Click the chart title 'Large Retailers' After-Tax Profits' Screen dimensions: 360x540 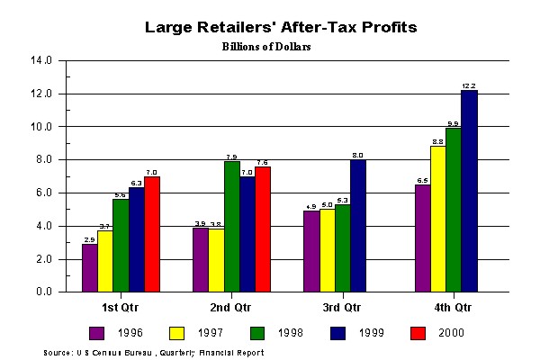281,27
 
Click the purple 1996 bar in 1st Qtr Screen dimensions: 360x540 89,268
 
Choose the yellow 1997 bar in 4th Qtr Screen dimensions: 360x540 436,220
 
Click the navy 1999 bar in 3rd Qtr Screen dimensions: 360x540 358,226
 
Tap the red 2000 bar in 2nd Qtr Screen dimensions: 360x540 263,229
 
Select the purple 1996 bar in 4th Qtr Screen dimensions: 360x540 421,238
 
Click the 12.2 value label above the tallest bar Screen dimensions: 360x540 468,85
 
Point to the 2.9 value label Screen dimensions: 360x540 89,239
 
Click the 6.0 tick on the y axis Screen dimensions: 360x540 46,193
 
